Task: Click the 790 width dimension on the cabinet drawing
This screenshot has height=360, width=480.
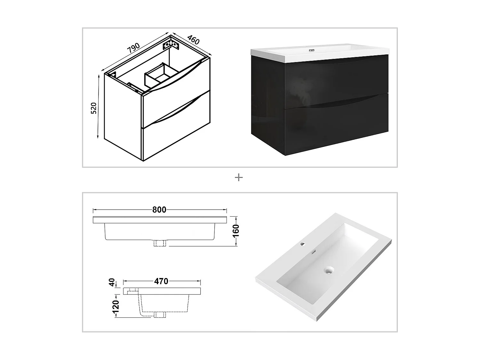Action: [x=133, y=48]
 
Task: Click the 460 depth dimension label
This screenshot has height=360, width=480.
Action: [x=193, y=40]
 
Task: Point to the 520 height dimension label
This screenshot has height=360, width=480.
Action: [x=93, y=108]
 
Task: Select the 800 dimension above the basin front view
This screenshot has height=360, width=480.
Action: [x=159, y=210]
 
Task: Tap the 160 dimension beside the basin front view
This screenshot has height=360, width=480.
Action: [x=236, y=231]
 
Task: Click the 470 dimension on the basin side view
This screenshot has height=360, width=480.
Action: [x=161, y=281]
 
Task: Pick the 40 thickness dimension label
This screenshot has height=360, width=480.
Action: [x=112, y=282]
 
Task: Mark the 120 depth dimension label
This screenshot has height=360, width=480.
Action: [x=116, y=306]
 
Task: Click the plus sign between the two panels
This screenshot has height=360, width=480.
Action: [x=239, y=177]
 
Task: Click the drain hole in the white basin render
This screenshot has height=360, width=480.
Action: [x=328, y=271]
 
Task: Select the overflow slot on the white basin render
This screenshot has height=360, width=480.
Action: [x=314, y=252]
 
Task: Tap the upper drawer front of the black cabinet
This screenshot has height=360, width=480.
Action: [x=336, y=80]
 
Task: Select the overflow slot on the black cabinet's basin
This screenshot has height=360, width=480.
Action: [x=312, y=51]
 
